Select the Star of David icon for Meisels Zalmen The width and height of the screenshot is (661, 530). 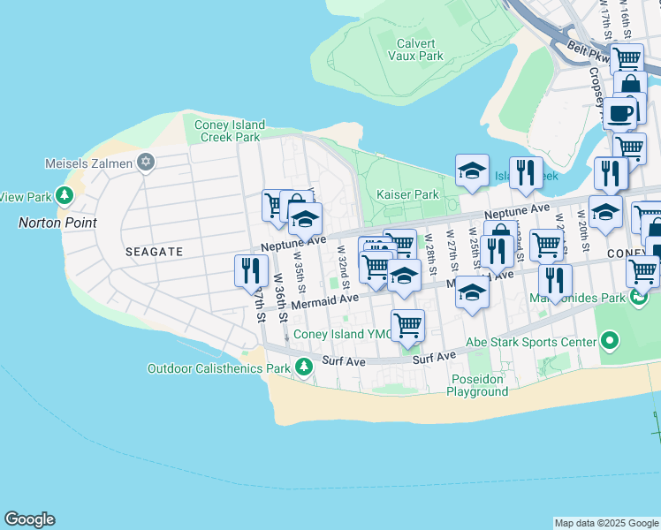pos(147,163)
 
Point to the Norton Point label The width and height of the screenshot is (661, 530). pos(57,223)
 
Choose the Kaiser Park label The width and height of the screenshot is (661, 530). pos(406,194)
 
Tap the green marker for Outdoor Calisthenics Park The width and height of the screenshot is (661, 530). pos(305,366)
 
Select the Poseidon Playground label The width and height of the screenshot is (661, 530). pos(477,385)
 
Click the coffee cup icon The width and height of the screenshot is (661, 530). pos(620,113)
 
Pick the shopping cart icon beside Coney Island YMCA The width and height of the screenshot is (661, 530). pos(407,324)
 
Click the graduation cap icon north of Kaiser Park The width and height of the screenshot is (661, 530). pos(472,170)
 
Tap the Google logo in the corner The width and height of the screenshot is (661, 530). pos(29,519)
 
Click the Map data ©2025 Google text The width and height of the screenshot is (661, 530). pos(606,523)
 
